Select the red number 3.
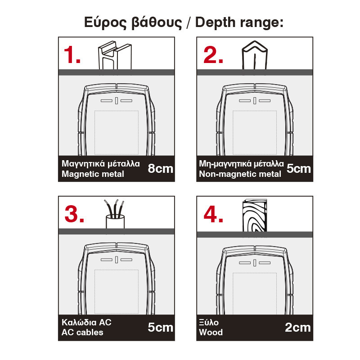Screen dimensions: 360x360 pyautogui.click(x=74, y=214)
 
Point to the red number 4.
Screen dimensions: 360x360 pyautogui.click(x=213, y=214)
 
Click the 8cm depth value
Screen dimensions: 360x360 pyautogui.click(x=160, y=168)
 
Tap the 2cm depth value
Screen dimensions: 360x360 pyautogui.click(x=297, y=328)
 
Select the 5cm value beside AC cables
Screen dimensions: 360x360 pyautogui.click(x=160, y=328)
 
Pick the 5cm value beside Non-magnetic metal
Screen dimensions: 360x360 pyautogui.click(x=298, y=168)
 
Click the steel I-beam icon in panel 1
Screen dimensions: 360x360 pyautogui.click(x=115, y=55)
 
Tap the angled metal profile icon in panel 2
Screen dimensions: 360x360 pyautogui.click(x=255, y=55)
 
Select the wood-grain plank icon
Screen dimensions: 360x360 pyautogui.click(x=255, y=216)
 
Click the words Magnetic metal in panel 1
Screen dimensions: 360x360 pyautogui.click(x=93, y=174)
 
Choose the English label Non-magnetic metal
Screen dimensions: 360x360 pyautogui.click(x=240, y=174)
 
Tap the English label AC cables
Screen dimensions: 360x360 pyautogui.click(x=82, y=332)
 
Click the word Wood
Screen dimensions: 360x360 pyautogui.click(x=211, y=332)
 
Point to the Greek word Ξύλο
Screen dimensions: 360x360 pyautogui.click(x=209, y=322)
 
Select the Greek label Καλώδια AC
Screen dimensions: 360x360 pyautogui.click(x=86, y=322)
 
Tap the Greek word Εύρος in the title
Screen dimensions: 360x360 pyautogui.click(x=105, y=23)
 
